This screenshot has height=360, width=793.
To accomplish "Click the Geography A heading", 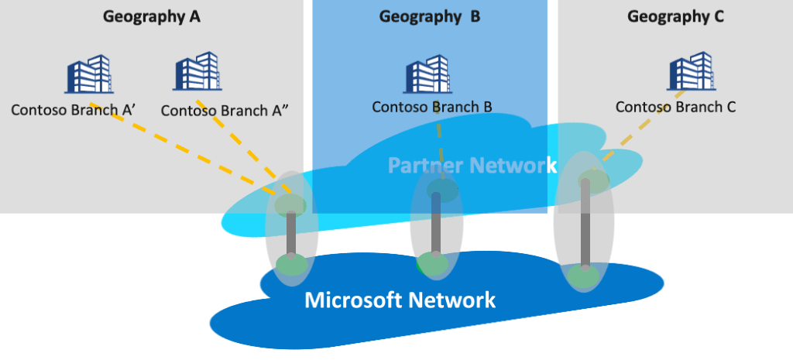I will tap(152, 16).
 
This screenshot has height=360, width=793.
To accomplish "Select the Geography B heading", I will tap(429, 16).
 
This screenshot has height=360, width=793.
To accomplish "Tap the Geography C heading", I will tap(675, 16).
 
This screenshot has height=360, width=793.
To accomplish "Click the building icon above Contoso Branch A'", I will tap(88, 75).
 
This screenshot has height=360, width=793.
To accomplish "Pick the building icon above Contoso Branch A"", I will tap(197, 72).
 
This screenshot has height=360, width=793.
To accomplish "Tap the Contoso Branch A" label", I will tap(225, 110).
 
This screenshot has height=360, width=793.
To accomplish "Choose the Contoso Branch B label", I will tap(432, 106).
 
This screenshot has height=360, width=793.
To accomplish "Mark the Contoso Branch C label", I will tap(675, 107).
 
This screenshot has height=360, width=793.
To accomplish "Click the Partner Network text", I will tap(472, 165).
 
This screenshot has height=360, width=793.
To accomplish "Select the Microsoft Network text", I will tap(400, 300).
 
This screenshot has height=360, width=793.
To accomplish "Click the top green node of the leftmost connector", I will tap(291, 204).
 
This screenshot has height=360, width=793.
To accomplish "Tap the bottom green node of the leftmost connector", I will tap(292, 266).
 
